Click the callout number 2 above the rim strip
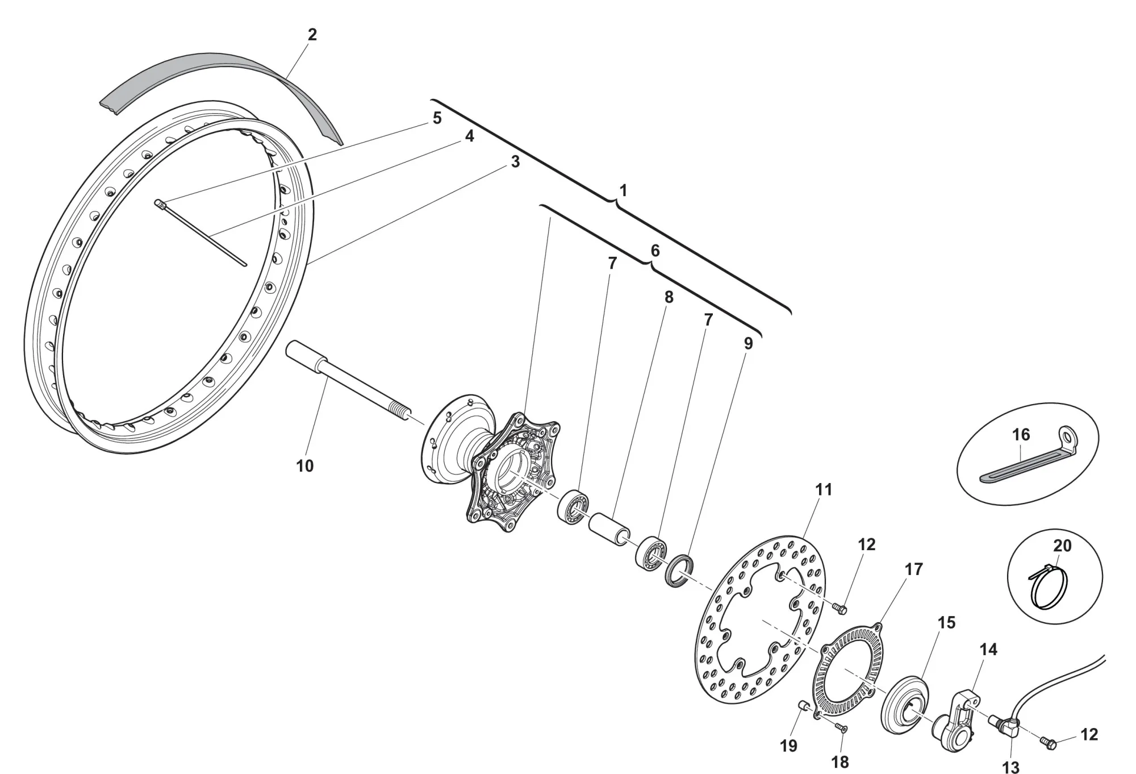[x=312, y=35]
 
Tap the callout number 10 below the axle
[x=305, y=466]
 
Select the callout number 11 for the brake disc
[x=824, y=489]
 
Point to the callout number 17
[x=914, y=569]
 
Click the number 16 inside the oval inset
[x=1021, y=435]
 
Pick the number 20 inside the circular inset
[x=1062, y=546]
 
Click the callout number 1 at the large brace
[x=623, y=190]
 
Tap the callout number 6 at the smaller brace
[x=655, y=251]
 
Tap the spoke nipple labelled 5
[x=160, y=203]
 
